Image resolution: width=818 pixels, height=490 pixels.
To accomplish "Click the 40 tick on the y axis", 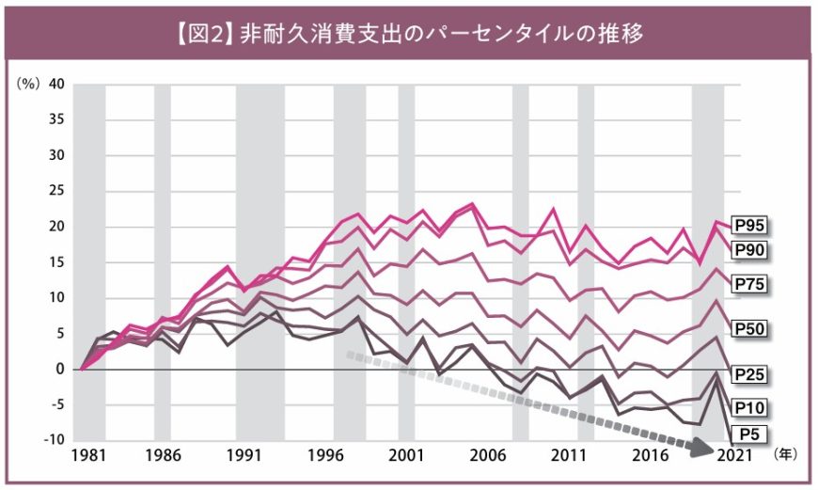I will (56, 83).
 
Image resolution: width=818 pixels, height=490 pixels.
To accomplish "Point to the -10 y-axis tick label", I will (54, 440).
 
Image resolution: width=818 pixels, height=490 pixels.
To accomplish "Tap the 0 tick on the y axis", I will (61, 369).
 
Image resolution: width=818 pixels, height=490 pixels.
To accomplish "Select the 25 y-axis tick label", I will (56, 190).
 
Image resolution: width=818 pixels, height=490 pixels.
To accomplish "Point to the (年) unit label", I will (783, 454).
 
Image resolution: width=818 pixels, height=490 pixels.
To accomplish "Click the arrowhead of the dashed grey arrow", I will (700, 449).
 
